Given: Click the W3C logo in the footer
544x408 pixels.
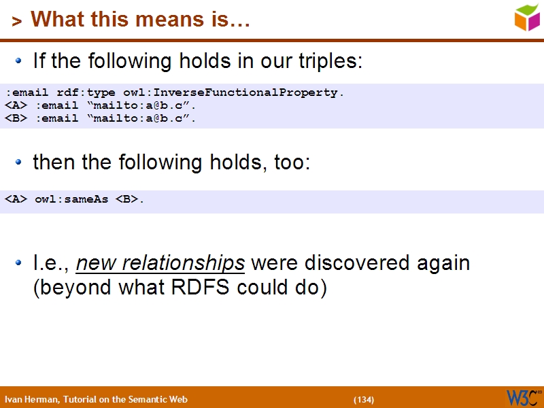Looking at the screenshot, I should click(x=523, y=397).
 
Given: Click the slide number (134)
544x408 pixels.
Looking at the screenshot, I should click(x=363, y=399).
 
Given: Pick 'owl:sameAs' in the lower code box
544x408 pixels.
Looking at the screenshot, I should click(x=71, y=199).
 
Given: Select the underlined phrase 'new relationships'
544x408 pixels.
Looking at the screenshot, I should click(x=160, y=262).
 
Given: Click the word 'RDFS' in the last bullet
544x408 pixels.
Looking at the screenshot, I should click(x=201, y=287).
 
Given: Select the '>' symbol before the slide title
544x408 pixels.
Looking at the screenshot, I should click(x=17, y=21).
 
